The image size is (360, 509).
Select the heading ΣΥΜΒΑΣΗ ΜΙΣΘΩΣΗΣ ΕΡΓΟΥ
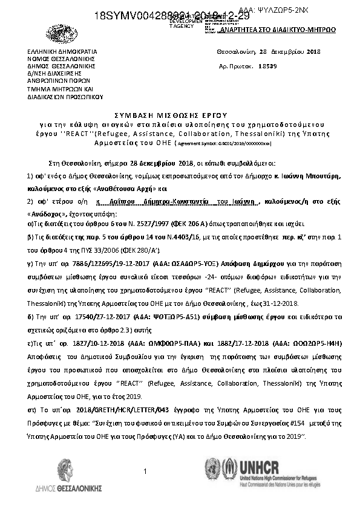tap(180, 114)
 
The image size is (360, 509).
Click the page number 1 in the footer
tap(146, 470)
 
